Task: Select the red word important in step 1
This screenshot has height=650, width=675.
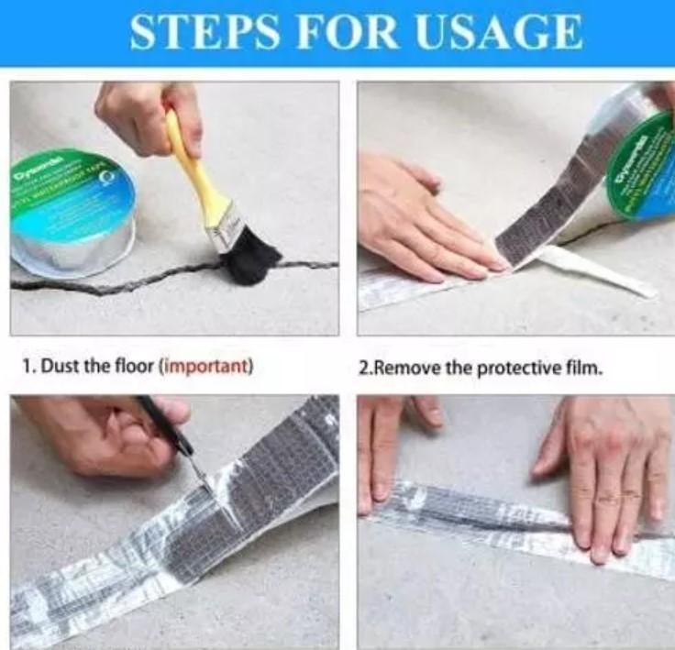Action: coord(205,368)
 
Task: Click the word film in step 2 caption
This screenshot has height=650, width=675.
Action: coord(581,368)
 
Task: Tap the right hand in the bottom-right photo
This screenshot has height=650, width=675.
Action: coord(605,468)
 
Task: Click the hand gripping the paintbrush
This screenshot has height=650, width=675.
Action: coord(147,115)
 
